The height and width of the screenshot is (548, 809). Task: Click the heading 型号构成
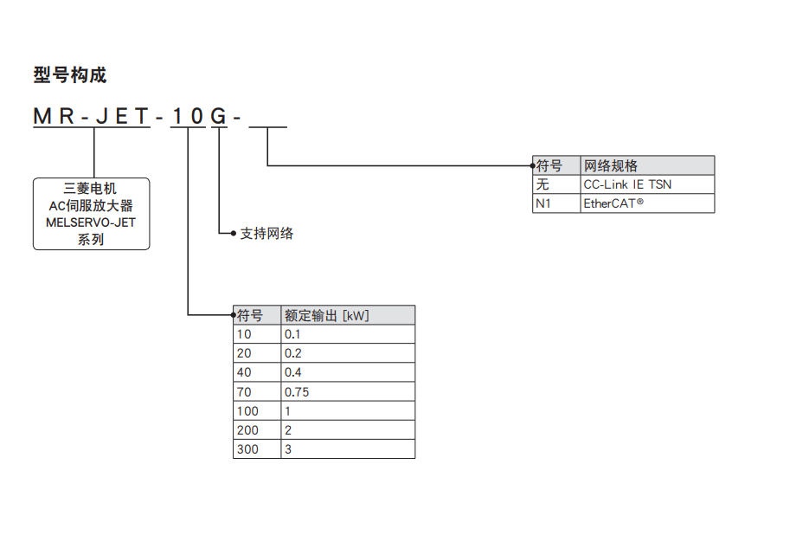click(70, 75)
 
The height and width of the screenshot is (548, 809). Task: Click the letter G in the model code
click(220, 116)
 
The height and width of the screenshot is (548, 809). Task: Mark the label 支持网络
click(266, 233)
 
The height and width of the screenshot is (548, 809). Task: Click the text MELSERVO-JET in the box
click(91, 222)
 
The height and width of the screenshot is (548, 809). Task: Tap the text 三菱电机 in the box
click(91, 188)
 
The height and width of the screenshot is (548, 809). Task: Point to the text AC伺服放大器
click(91, 205)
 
